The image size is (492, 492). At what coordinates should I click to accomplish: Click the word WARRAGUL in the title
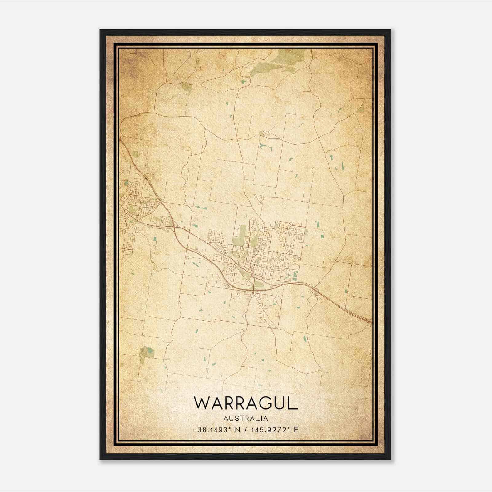[246, 403]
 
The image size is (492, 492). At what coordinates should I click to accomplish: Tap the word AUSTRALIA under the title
[246, 419]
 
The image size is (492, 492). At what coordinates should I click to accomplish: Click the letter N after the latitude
[237, 430]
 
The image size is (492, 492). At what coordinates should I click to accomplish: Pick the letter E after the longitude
[296, 430]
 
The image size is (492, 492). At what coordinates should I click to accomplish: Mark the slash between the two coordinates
[245, 430]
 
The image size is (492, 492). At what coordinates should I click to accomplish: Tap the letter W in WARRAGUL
[202, 403]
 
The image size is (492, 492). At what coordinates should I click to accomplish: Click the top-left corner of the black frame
[101, 30]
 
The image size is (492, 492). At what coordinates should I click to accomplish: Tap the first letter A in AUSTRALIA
[226, 419]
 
